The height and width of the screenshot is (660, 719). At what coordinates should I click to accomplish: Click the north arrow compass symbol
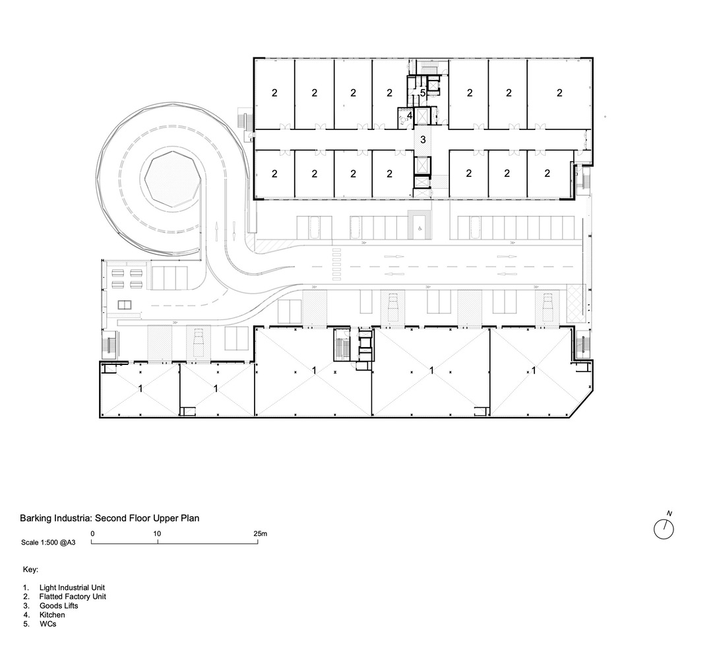point(664,529)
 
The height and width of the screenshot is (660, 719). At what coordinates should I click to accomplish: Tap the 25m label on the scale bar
point(260,533)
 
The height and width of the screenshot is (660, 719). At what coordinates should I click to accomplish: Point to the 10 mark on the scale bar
point(158,533)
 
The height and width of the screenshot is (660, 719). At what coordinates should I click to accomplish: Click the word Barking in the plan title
point(34,518)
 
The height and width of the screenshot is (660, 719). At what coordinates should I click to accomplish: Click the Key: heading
point(31,569)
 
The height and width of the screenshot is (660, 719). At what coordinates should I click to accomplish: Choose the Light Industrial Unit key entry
point(72,587)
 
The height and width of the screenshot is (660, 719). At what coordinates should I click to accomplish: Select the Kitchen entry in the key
point(52,615)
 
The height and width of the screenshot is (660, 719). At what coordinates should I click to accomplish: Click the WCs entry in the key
point(47,624)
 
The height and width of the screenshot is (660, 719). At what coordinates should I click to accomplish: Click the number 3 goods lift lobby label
point(423,140)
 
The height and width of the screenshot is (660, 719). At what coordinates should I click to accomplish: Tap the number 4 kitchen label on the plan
point(409,115)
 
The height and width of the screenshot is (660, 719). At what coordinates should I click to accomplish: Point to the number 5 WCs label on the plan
point(423,93)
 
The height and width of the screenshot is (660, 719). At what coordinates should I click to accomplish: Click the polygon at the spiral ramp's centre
point(172,180)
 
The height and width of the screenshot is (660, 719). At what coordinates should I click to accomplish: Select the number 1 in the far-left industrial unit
point(140,389)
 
